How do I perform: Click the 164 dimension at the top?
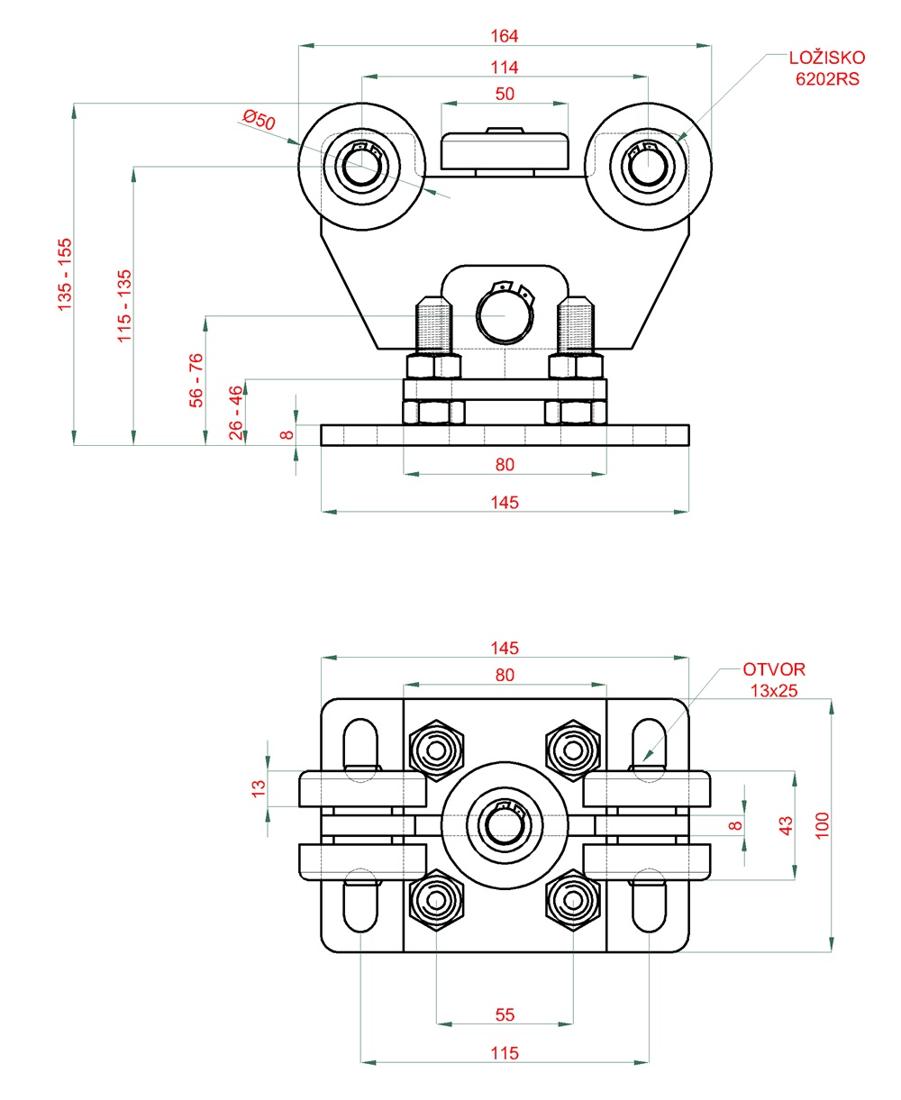pyautogui.click(x=505, y=36)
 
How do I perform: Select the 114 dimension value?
pyautogui.click(x=505, y=68)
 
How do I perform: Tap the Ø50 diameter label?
pyautogui.click(x=259, y=119)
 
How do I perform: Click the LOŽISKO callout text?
pyautogui.click(x=826, y=59)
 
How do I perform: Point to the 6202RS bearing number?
pyautogui.click(x=827, y=79)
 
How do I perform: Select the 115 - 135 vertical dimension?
pyautogui.click(x=124, y=305)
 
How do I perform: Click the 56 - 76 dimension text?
pyautogui.click(x=196, y=380)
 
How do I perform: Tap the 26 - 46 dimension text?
pyautogui.click(x=236, y=413)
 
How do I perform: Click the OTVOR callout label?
pyautogui.click(x=774, y=669)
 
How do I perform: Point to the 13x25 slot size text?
pyautogui.click(x=775, y=690)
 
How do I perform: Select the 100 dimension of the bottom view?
pyautogui.click(x=822, y=824)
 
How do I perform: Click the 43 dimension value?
pyautogui.click(x=786, y=824)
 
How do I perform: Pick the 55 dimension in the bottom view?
pyautogui.click(x=505, y=1014)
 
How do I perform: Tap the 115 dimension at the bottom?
pyautogui.click(x=505, y=1052)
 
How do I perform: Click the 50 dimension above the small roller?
pyautogui.click(x=505, y=95)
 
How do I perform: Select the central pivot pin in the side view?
pyautogui.click(x=504, y=318)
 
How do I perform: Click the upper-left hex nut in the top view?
pyautogui.click(x=437, y=749)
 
